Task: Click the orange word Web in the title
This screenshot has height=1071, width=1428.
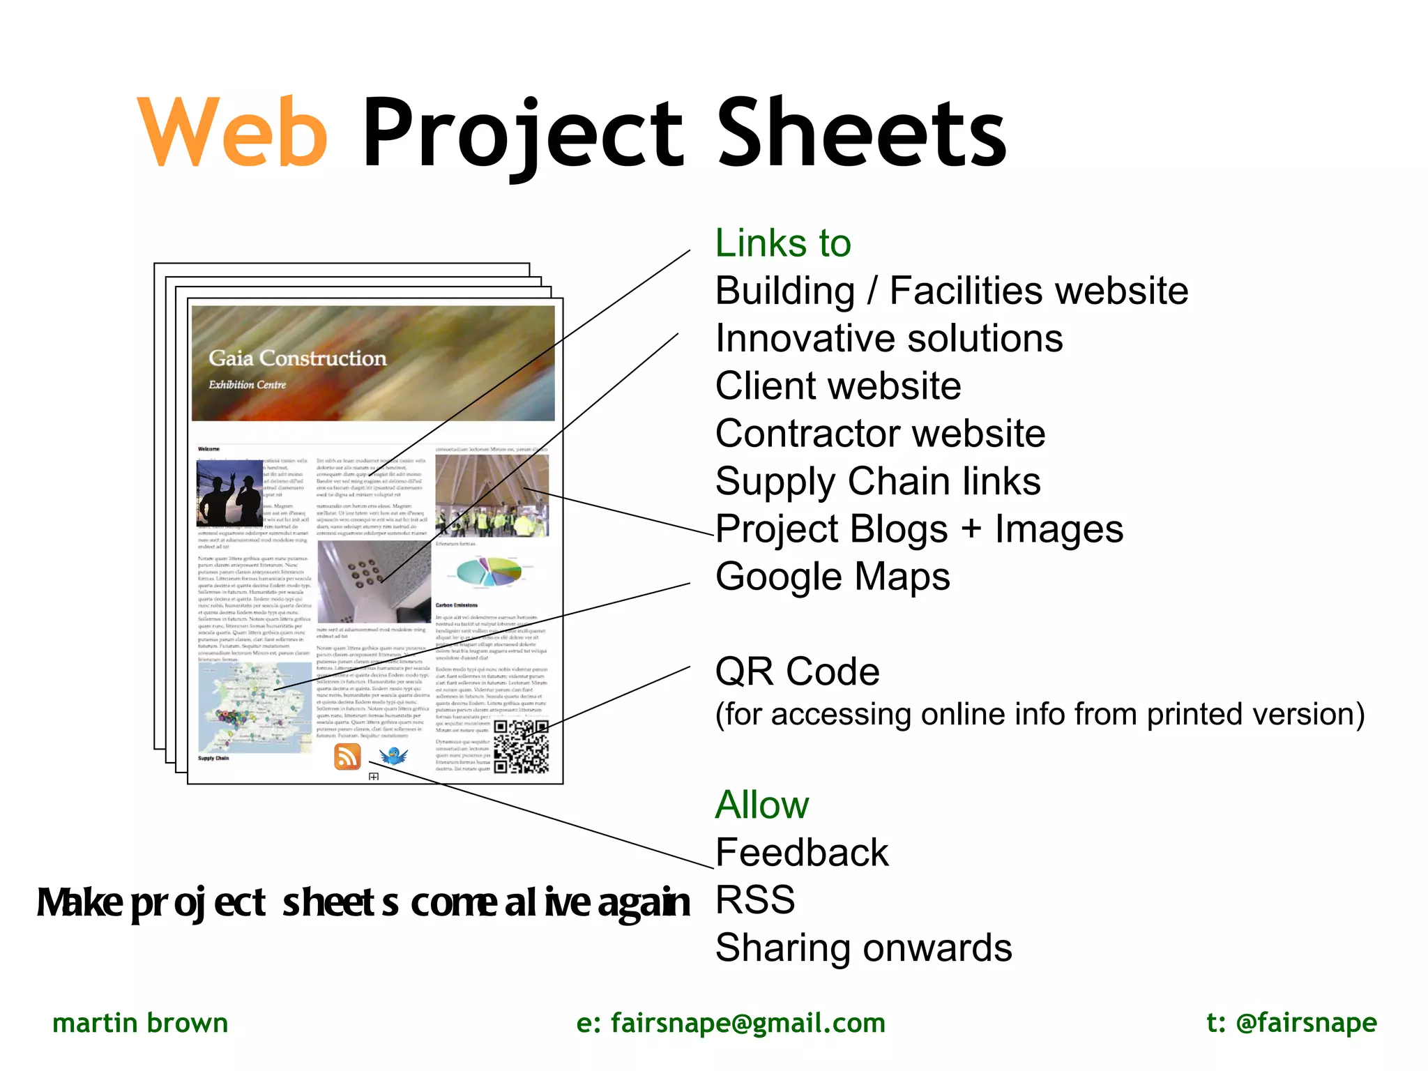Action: click(x=232, y=132)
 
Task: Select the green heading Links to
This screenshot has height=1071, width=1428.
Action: click(x=782, y=243)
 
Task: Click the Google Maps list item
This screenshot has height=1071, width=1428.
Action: click(x=833, y=577)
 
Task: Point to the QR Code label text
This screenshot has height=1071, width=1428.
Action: click(x=797, y=671)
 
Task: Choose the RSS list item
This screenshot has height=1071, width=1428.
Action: click(x=755, y=899)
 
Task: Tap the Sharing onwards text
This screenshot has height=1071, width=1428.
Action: click(x=863, y=948)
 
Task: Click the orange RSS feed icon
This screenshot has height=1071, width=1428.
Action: click(x=347, y=756)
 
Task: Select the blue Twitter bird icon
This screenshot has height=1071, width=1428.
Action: click(x=393, y=756)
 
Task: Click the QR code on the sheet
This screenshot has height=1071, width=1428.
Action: click(x=521, y=747)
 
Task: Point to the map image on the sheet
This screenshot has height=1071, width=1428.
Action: click(x=255, y=707)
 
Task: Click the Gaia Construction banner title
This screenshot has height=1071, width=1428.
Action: click(x=297, y=358)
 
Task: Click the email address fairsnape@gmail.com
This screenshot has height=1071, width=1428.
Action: click(x=731, y=1023)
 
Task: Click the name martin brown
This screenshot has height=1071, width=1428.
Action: click(x=140, y=1023)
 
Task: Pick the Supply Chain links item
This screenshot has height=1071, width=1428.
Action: click(x=878, y=481)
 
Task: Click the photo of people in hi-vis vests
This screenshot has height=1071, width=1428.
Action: click(x=492, y=496)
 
